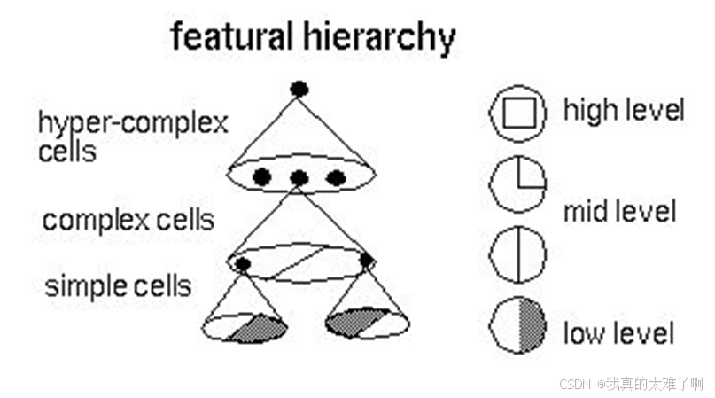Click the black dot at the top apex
(x=299, y=89)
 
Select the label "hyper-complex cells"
(x=133, y=136)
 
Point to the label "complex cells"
(x=128, y=220)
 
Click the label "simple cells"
(x=118, y=286)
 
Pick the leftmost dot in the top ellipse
(x=261, y=177)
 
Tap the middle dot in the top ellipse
(x=299, y=178)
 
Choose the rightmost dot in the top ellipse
(x=336, y=177)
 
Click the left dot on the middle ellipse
(x=243, y=263)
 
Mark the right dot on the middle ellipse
(x=367, y=260)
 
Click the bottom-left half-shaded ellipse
(x=245, y=326)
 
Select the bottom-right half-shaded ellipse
(x=367, y=323)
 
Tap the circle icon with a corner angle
(x=518, y=184)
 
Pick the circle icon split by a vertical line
(x=517, y=254)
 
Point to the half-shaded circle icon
(x=518, y=326)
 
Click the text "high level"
(x=624, y=111)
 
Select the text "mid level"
(x=620, y=212)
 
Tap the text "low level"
(x=618, y=333)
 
